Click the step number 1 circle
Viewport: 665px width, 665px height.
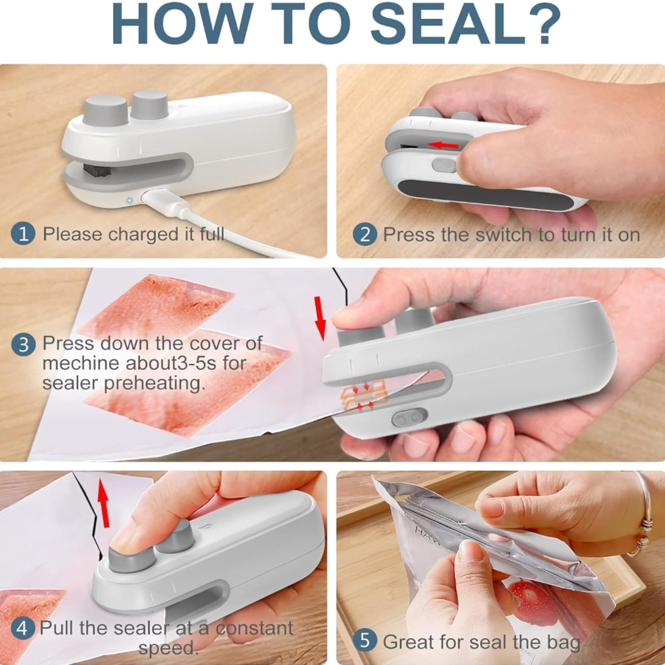click(23, 234)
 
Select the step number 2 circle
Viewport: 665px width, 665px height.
click(365, 235)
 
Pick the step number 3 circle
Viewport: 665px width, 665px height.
click(23, 344)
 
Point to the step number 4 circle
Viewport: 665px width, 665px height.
click(22, 629)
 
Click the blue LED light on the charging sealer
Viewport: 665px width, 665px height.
click(129, 200)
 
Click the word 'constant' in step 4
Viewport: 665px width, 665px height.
click(254, 628)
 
